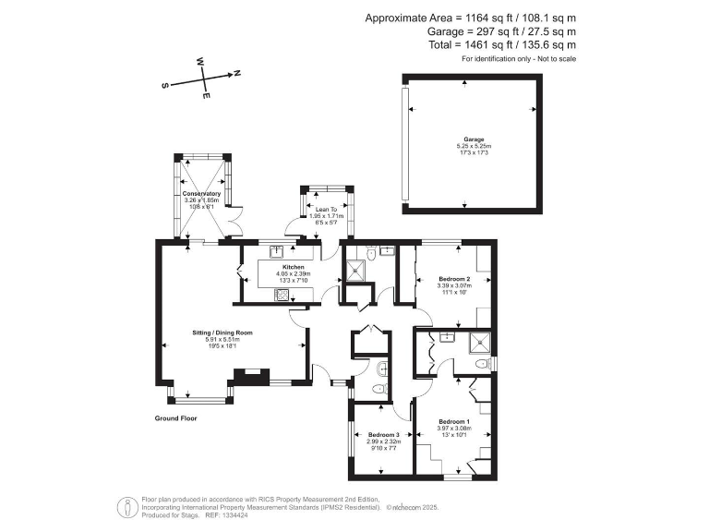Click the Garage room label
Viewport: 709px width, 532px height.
[473, 139]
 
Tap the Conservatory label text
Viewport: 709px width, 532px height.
[201, 193]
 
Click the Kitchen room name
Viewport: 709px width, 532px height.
[281, 266]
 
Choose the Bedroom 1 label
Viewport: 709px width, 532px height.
[454, 421]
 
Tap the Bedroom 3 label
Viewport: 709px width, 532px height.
[383, 434]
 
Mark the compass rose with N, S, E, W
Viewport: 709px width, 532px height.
[203, 79]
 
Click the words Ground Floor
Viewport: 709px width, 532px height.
[175, 418]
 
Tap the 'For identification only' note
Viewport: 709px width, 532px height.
[519, 59]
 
